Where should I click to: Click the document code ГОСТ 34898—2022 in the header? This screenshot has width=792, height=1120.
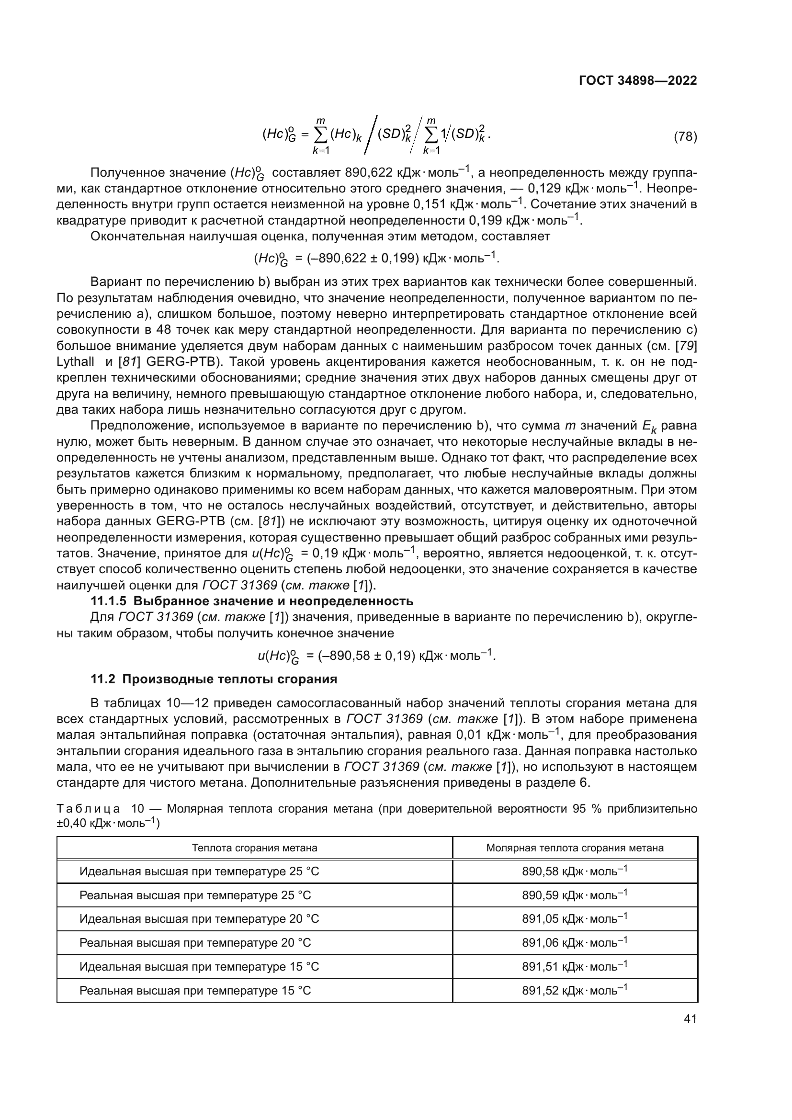click(637, 80)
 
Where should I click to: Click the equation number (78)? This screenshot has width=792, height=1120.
click(685, 136)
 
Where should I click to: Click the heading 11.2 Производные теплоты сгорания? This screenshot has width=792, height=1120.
click(214, 679)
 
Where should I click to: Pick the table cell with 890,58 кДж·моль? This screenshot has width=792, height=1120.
click(575, 871)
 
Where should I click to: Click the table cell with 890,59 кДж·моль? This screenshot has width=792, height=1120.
click(575, 894)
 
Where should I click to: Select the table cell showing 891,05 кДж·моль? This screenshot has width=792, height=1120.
click(575, 918)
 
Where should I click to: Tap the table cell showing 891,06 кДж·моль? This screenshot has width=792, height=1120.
click(575, 942)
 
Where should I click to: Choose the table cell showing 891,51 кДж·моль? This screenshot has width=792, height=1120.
click(575, 966)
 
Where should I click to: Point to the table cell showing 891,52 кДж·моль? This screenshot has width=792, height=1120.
click(575, 990)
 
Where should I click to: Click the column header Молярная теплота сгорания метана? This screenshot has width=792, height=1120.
click(575, 848)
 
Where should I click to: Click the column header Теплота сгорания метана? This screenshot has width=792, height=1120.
click(255, 848)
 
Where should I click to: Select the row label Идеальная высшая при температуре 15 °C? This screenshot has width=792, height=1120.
click(199, 966)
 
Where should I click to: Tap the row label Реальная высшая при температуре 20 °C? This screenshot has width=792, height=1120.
click(195, 942)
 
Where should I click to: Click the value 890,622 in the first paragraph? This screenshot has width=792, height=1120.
click(368, 173)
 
